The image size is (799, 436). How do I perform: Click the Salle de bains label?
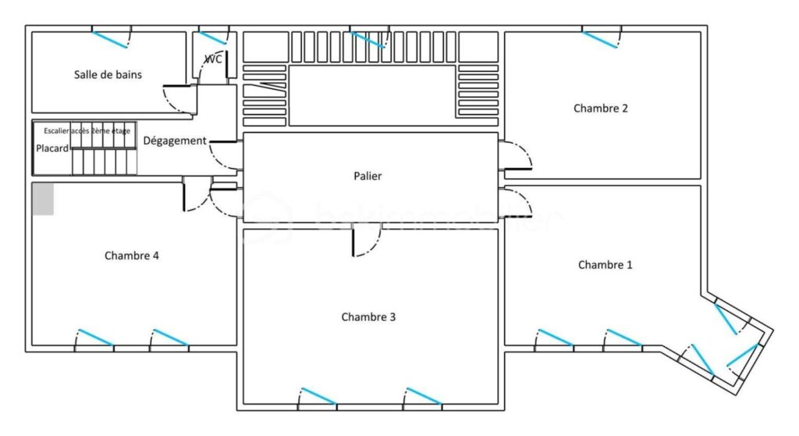(108, 74)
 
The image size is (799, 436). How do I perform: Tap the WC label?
(213, 59)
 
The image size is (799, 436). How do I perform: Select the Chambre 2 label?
(601, 109)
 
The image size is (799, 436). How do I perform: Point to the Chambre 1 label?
(605, 265)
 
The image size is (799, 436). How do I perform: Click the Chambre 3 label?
(368, 317)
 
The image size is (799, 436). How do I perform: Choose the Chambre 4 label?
(132, 256)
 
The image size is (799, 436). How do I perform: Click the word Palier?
(368, 177)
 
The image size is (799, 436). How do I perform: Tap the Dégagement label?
(175, 141)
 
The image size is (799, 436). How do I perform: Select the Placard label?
(52, 148)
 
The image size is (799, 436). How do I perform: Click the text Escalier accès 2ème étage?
(87, 130)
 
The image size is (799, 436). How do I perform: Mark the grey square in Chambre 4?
(43, 198)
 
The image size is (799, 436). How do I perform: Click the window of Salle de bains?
(111, 38)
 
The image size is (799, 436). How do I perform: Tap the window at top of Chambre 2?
(601, 38)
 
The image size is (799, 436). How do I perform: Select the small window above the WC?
(212, 37)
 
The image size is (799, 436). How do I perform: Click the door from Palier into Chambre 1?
(516, 201)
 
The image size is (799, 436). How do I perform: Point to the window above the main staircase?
(368, 38)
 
